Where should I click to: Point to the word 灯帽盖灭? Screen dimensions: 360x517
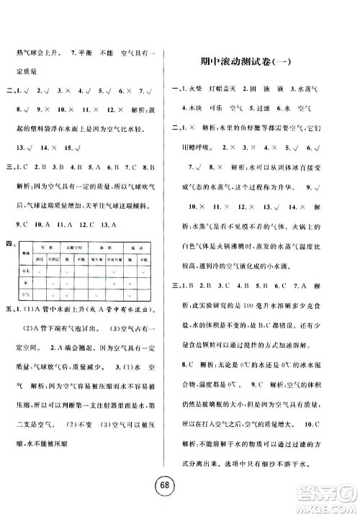pyautogui.click(x=245, y=88)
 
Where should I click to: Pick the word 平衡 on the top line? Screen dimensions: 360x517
pyautogui.click(x=90, y=53)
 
